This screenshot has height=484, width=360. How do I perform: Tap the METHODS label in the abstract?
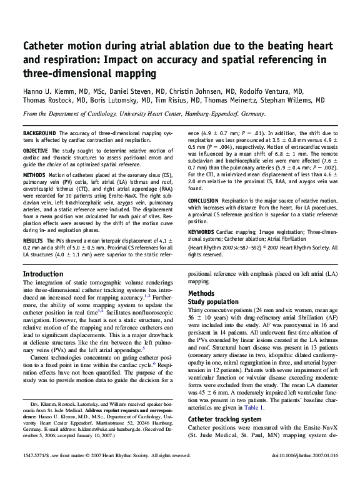(x=34, y=175)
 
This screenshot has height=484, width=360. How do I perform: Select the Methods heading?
(x=201, y=294)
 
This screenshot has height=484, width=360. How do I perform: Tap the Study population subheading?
(x=213, y=302)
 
